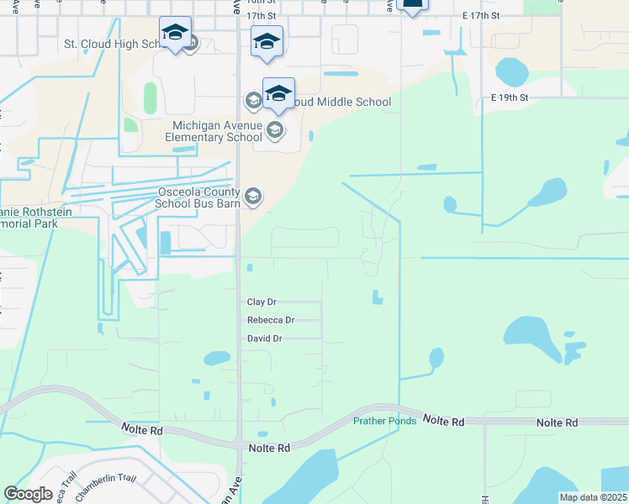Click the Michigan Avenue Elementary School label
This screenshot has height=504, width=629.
213,131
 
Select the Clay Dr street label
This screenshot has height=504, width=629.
262,302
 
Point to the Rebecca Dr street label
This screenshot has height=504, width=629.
271,320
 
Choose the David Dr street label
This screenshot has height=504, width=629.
264,339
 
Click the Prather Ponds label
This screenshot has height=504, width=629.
384,421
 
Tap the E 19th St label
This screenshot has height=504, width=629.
510,97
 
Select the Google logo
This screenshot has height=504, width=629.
28,494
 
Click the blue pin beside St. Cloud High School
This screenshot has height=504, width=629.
175,34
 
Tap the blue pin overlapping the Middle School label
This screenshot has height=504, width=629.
278,94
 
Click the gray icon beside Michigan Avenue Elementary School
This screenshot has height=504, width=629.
274,131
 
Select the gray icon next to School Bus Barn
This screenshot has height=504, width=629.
253,198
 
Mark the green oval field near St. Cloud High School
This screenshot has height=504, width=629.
151,98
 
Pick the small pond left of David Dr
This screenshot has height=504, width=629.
217,359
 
